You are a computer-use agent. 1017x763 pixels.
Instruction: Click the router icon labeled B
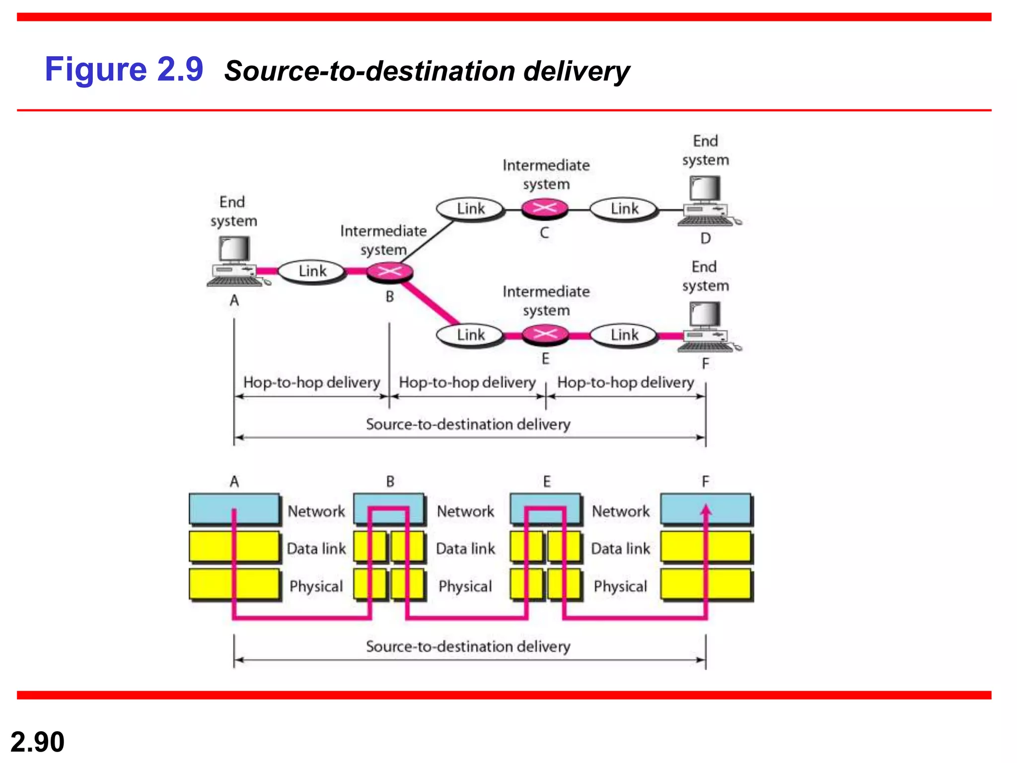[x=390, y=272]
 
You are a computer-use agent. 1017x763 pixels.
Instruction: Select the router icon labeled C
[x=545, y=208]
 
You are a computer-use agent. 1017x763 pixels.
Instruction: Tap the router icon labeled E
[x=545, y=334]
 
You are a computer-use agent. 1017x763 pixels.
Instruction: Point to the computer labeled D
[x=706, y=201]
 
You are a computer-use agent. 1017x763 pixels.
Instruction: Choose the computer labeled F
[x=706, y=327]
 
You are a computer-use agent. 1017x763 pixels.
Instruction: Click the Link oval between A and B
[x=312, y=271]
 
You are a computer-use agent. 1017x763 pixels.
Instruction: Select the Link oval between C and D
[x=624, y=209]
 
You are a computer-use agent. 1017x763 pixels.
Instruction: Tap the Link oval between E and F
[x=624, y=335]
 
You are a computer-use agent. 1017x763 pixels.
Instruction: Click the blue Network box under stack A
[x=234, y=509]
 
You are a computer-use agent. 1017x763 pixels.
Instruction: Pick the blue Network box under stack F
[x=705, y=509]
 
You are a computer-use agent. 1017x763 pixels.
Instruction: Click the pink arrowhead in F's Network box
[x=706, y=510]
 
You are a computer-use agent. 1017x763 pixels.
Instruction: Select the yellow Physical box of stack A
[x=234, y=584]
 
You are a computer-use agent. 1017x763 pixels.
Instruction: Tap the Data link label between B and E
[x=465, y=548]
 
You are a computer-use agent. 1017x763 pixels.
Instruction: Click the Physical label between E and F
[x=620, y=586]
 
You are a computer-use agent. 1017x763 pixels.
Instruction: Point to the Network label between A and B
[x=316, y=511]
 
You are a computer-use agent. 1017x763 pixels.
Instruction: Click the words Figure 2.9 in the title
[x=124, y=69]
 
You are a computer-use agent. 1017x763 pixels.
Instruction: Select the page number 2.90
[x=37, y=742]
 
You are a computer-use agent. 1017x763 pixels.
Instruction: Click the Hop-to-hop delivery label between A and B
[x=311, y=382]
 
